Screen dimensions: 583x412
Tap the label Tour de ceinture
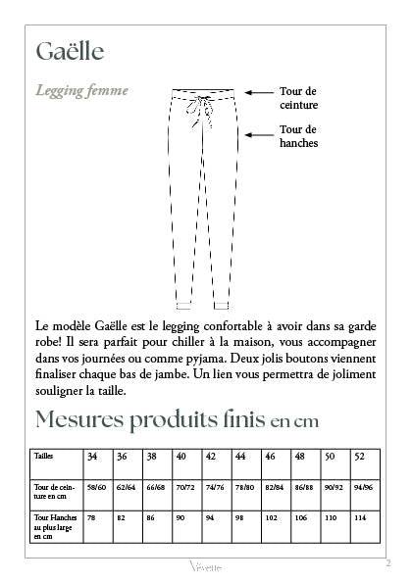pyautogui.click(x=298, y=97)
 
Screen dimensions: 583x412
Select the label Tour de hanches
pyautogui.click(x=298, y=135)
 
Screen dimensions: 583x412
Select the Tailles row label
pyautogui.click(x=44, y=457)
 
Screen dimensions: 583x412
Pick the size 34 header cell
pyautogui.click(x=92, y=457)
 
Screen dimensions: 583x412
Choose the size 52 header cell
pyautogui.click(x=359, y=457)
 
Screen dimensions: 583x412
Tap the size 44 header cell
pyautogui.click(x=240, y=457)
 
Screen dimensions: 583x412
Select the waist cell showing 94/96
pyautogui.click(x=363, y=487)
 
